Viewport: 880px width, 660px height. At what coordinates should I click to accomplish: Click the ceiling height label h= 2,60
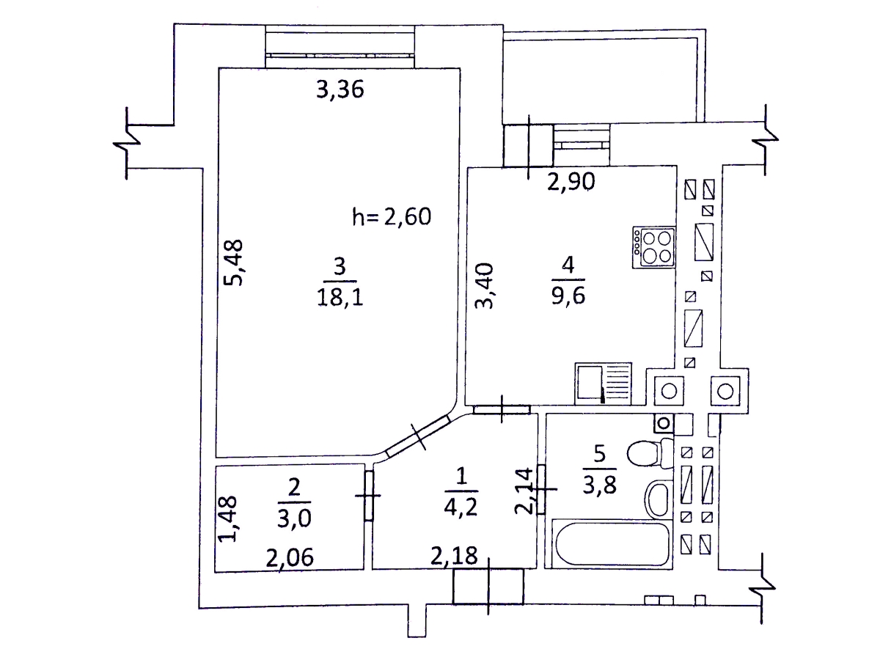click(x=392, y=217)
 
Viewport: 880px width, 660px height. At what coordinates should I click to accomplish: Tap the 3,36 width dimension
click(x=340, y=89)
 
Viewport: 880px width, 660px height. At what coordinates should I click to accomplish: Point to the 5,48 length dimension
click(x=233, y=262)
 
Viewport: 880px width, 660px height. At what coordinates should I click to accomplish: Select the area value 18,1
click(x=340, y=297)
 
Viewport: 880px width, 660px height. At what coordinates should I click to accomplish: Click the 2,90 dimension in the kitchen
click(x=571, y=182)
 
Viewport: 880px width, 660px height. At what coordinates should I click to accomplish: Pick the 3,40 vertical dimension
click(x=484, y=285)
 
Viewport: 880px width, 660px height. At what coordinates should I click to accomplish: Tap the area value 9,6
click(x=568, y=296)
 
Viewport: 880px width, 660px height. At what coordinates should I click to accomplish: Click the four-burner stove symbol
click(x=654, y=247)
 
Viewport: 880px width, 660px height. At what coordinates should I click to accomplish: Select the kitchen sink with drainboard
click(x=604, y=384)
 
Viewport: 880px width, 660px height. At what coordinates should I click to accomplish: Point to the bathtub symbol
click(x=612, y=544)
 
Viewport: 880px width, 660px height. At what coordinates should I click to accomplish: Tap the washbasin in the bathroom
click(x=659, y=499)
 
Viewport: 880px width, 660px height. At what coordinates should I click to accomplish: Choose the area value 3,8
click(x=599, y=486)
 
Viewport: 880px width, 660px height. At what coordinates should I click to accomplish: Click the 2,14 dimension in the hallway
click(x=524, y=491)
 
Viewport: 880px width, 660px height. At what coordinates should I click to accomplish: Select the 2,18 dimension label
click(x=454, y=555)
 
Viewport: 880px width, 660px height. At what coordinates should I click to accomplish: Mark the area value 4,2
click(x=461, y=507)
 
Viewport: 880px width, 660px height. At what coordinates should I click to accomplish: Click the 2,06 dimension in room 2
click(x=290, y=557)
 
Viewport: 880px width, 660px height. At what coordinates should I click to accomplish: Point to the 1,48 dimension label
click(x=227, y=519)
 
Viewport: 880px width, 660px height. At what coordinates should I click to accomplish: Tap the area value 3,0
click(x=294, y=518)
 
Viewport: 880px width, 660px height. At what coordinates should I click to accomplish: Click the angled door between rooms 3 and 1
click(x=418, y=436)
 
